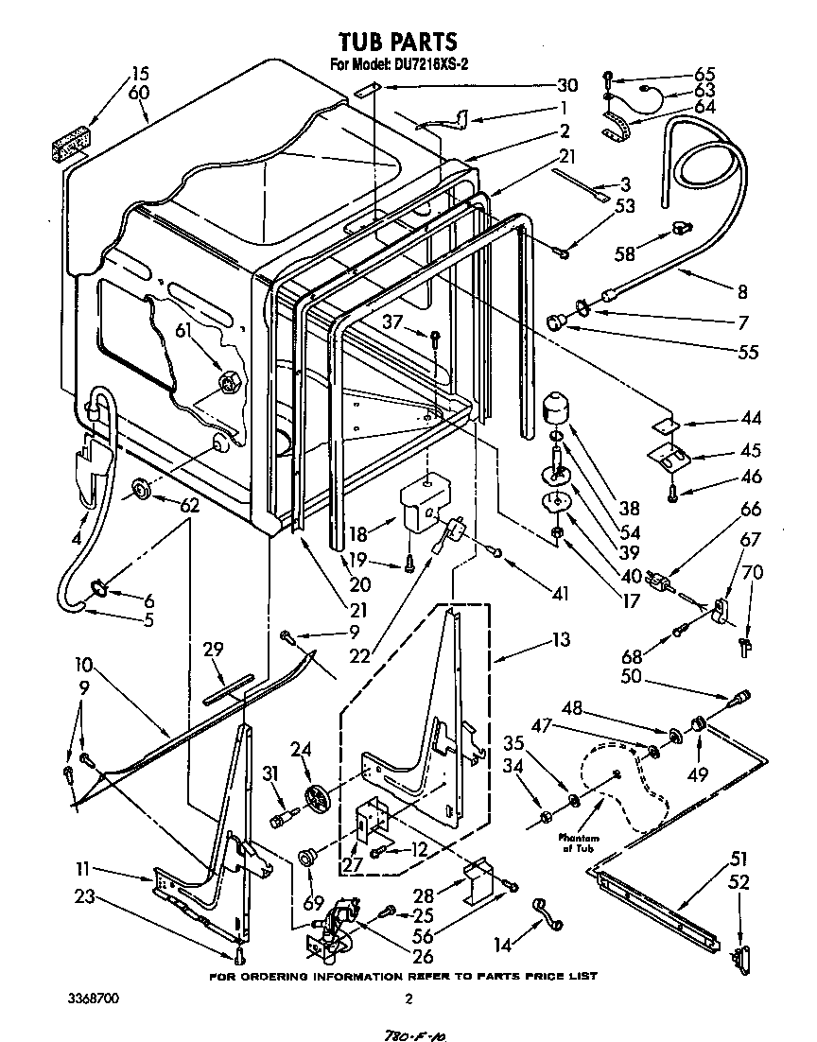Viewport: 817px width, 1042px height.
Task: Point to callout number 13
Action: pos(561,640)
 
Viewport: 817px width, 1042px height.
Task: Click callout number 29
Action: pos(214,650)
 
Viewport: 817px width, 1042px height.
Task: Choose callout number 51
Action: pos(739,859)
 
